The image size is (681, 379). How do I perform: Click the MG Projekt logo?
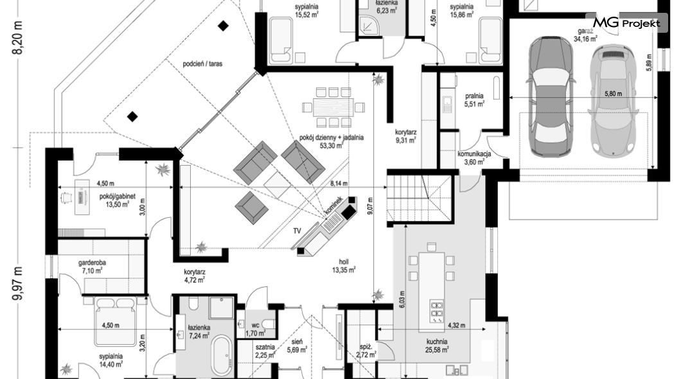626,23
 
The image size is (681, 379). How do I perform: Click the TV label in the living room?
297,230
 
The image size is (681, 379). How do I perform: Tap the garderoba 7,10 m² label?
93,267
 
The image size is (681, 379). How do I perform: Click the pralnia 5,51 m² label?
474,100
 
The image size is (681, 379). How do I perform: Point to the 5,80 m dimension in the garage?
614,94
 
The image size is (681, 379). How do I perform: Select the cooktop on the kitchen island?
436,310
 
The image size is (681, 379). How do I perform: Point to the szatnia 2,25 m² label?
265,350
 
